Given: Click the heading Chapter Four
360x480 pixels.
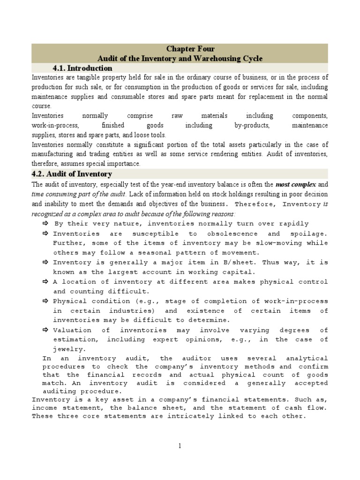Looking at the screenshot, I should coord(190,49).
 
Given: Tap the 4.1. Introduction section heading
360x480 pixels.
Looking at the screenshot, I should coord(82,68).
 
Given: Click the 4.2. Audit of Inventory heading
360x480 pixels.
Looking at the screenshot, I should coord(72,174).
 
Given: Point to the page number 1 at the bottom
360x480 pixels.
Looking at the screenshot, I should coord(180,446).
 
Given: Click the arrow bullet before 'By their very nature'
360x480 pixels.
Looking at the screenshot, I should coord(46,224).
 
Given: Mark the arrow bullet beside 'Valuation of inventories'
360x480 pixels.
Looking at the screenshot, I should coord(45,330).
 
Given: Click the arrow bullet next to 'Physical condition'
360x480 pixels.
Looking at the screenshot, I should coord(45,301).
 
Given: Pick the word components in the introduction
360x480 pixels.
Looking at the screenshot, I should coord(310,116).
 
